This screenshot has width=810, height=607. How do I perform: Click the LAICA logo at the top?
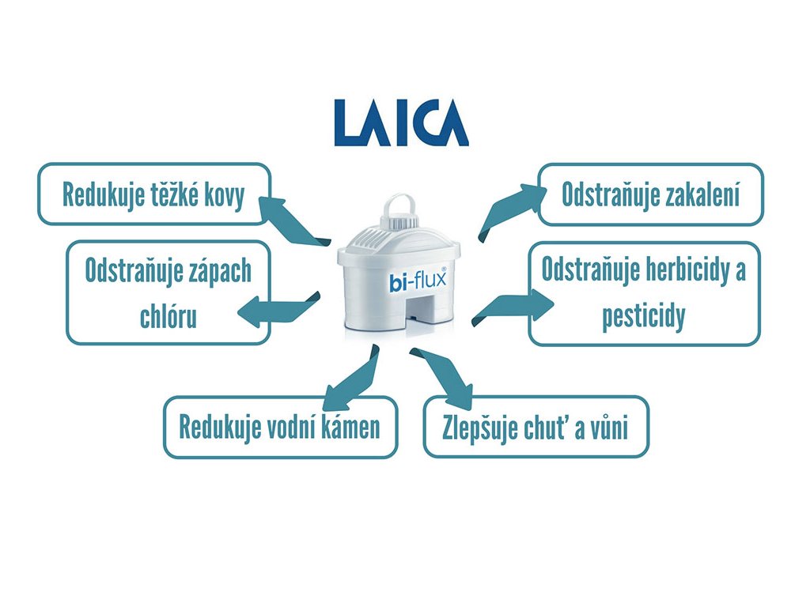tap(400, 123)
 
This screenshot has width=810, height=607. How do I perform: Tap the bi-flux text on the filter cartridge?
tap(417, 281)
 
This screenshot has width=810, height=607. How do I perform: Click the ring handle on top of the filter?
tap(400, 204)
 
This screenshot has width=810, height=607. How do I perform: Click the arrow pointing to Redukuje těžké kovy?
tap(293, 221)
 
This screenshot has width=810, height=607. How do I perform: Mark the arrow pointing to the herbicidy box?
tap(515, 307)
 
